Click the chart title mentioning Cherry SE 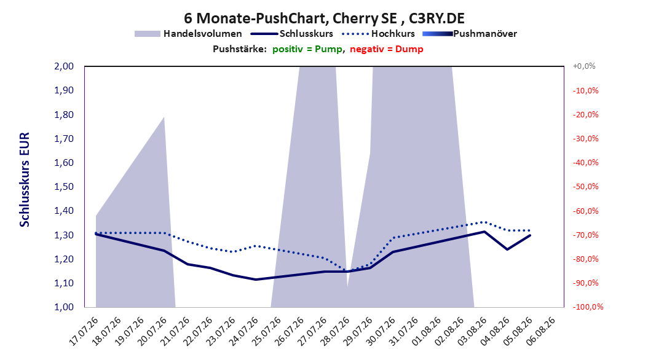[324, 18]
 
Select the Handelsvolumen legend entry [188, 34]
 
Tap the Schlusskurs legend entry [292, 34]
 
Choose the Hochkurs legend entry [379, 34]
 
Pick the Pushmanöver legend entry [470, 34]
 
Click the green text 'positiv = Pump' [307, 49]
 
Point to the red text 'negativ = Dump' [387, 49]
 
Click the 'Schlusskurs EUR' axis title [25, 179]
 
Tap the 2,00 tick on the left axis [64, 66]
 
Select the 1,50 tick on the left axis [64, 187]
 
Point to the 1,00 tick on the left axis [64, 307]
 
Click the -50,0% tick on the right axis [585, 187]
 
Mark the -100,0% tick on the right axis [588, 307]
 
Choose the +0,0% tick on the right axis [584, 66]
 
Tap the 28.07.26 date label [336, 331]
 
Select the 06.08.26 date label [541, 331]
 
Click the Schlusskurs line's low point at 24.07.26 [256, 280]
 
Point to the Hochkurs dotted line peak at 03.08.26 [484, 222]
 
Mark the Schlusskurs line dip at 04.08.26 [507, 249]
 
